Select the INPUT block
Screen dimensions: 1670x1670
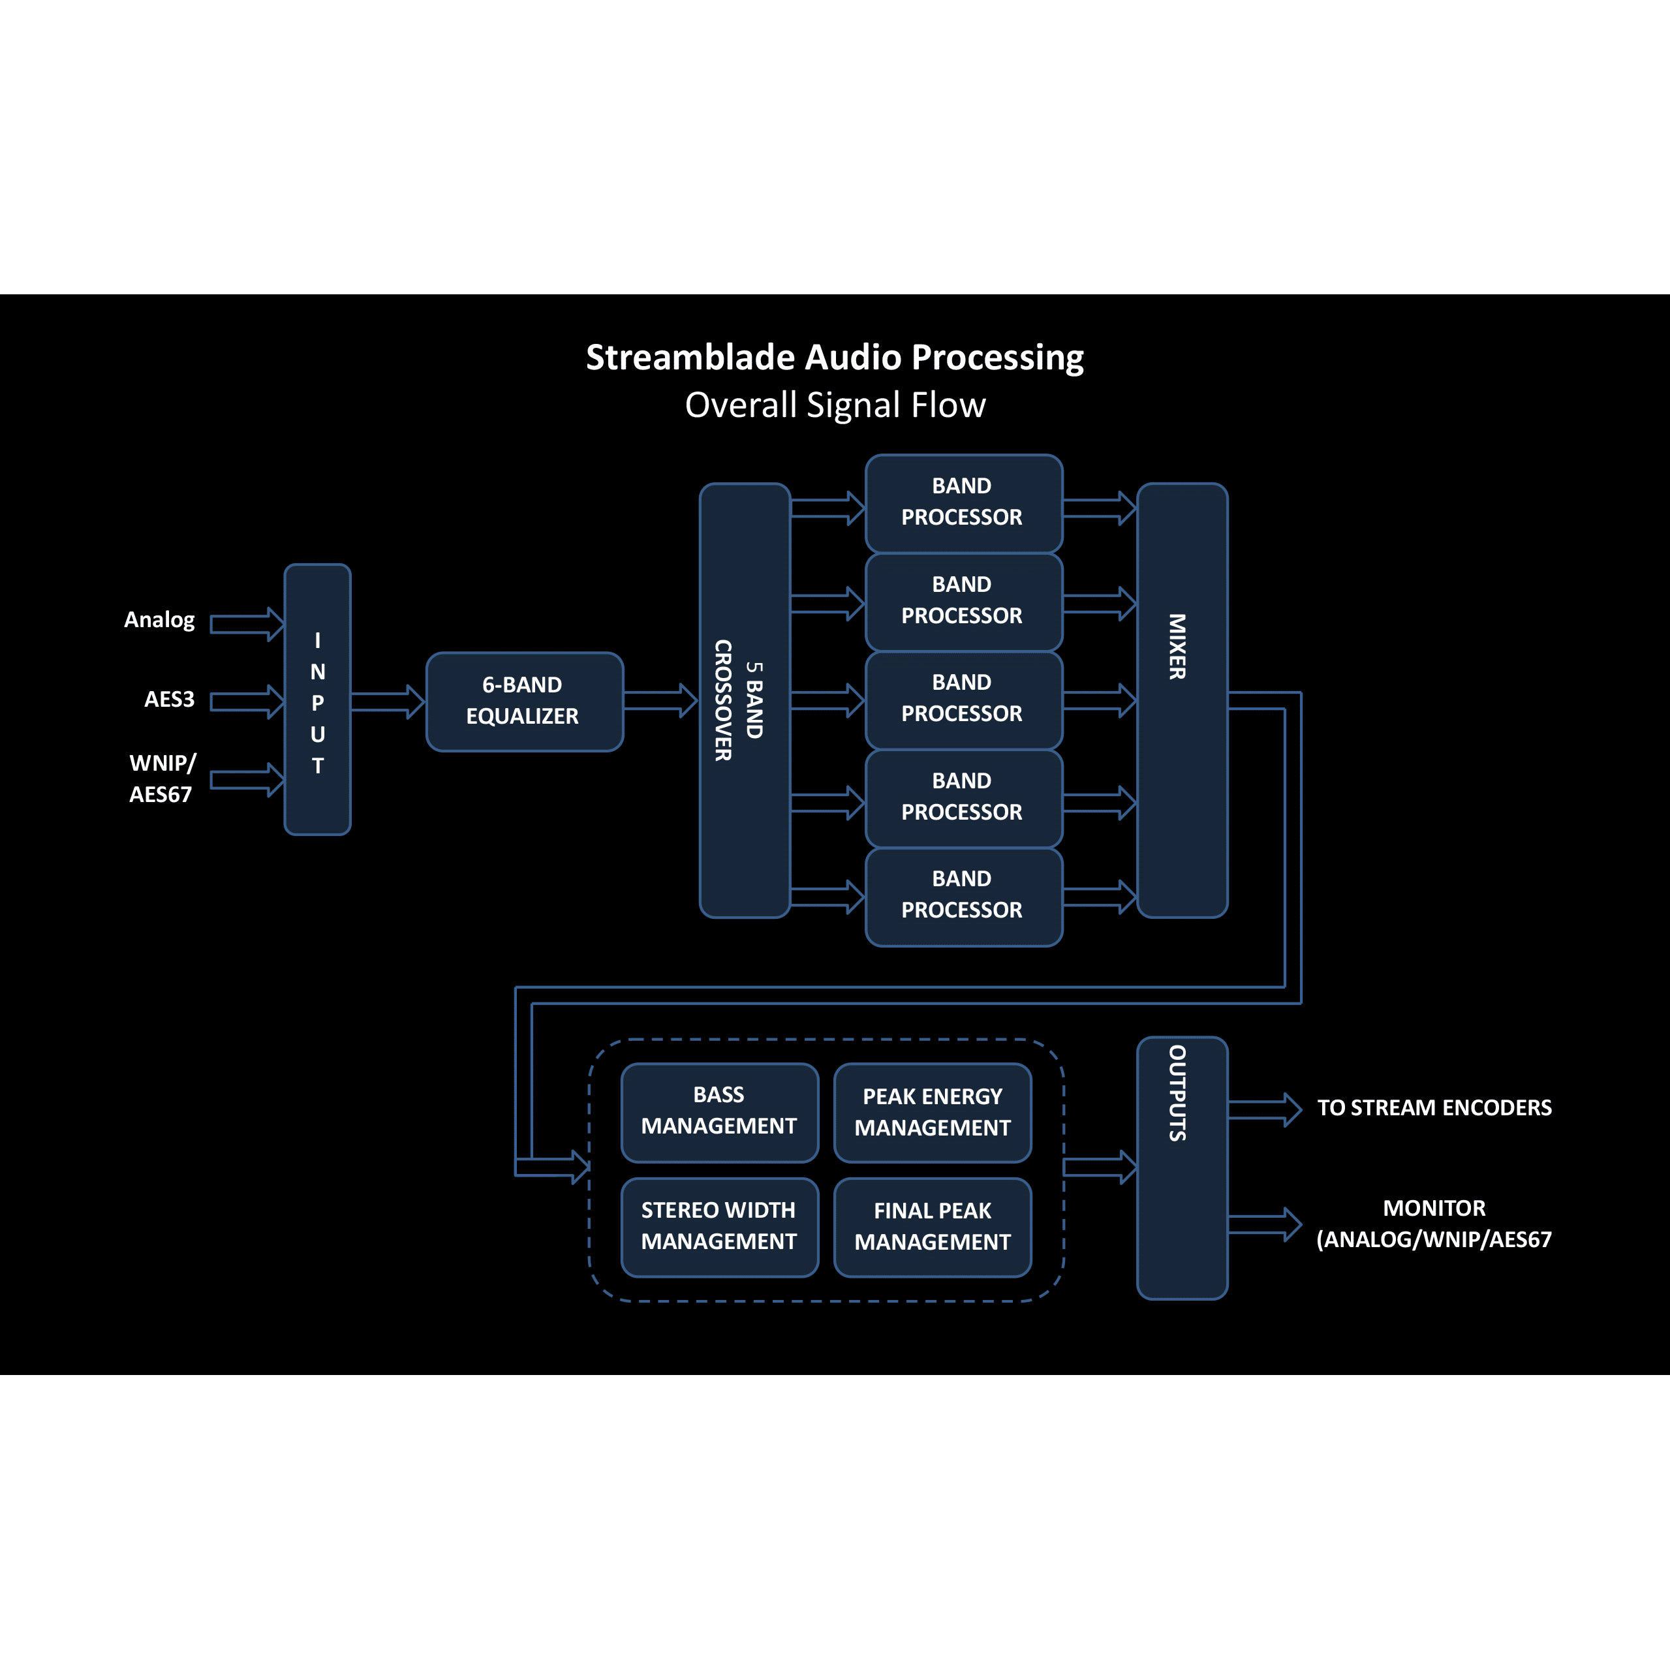(317, 700)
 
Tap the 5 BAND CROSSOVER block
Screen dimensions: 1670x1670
(744, 700)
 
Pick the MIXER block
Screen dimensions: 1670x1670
(1182, 700)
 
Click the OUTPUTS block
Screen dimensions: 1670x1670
(1182, 1167)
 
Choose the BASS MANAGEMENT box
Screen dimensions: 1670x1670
(719, 1111)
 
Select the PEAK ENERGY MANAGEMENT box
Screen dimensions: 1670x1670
(932, 1113)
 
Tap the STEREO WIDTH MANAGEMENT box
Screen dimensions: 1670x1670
(719, 1227)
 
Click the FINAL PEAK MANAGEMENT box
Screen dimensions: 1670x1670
(932, 1227)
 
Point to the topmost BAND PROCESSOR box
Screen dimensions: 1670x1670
(963, 503)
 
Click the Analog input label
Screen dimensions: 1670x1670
(159, 620)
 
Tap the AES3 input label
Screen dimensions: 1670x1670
(170, 700)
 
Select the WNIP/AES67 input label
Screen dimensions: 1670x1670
(162, 779)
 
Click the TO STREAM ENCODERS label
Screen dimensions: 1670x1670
(1434, 1108)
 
